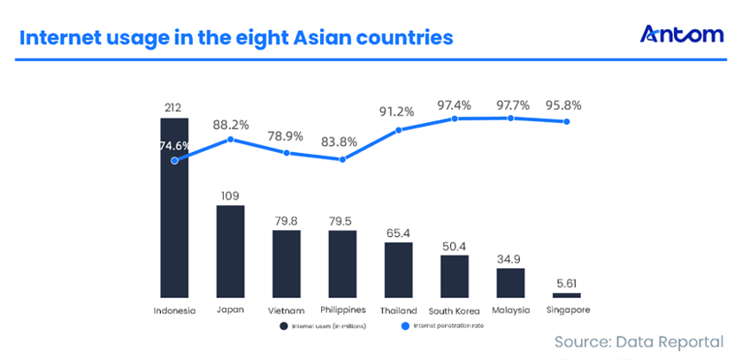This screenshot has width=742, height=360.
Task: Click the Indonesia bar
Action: point(173,212)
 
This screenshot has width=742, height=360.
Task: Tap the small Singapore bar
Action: point(566,295)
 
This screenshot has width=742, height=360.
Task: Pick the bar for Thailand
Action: point(399,269)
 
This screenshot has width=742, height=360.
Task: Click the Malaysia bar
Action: point(510,282)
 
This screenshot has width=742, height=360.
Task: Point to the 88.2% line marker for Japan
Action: point(231,139)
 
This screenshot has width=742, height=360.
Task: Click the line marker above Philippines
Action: point(343,159)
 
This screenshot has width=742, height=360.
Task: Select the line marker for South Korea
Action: point(455,118)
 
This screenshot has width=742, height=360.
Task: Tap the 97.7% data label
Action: point(511,105)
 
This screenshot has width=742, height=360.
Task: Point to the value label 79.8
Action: point(287,218)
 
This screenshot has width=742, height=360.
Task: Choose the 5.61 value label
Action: point(567,282)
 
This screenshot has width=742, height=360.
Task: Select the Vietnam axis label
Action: point(286,310)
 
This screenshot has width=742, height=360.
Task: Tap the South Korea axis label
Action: point(455,310)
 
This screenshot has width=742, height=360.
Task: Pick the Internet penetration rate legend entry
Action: point(442,326)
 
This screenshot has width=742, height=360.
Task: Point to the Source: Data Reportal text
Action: point(639,341)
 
